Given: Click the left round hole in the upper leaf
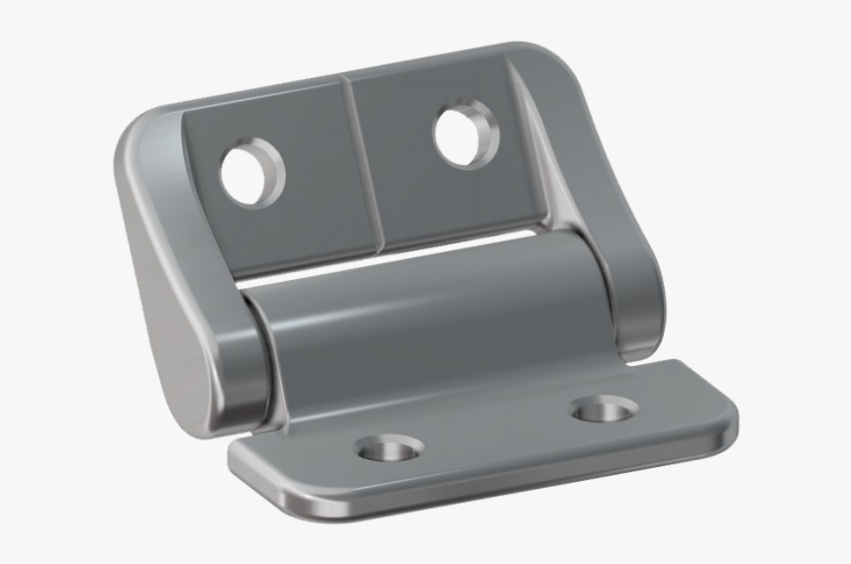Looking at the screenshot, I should (x=250, y=174).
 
